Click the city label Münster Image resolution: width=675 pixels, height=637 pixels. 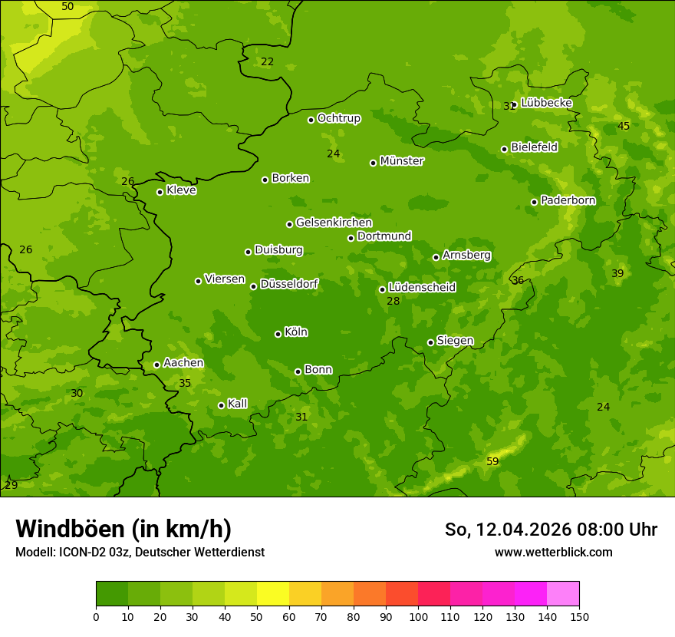click(401, 161)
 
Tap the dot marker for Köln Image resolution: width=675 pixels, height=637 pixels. click(278, 334)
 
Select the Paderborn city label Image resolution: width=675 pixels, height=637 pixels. click(568, 200)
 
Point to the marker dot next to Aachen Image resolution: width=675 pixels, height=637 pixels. click(157, 365)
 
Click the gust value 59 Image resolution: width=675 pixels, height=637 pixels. click(492, 461)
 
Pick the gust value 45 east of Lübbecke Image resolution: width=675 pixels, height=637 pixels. click(624, 126)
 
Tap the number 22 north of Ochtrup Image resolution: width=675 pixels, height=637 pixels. click(267, 61)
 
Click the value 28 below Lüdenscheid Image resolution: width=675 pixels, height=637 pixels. click(393, 301)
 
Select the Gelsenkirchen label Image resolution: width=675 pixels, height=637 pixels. click(334, 223)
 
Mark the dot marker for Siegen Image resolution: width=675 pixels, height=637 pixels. click(431, 342)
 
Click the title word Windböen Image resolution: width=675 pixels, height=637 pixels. click(69, 529)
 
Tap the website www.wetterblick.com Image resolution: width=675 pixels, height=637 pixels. click(553, 552)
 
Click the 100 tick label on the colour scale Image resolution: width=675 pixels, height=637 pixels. click(418, 616)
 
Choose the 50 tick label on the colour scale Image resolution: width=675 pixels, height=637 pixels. click(257, 616)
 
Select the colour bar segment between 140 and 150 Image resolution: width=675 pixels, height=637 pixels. click(563, 594)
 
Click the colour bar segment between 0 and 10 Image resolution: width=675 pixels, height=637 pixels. click(112, 594)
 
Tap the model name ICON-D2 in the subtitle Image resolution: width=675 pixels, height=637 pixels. click(85, 552)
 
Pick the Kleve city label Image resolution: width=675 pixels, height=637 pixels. click(181, 190)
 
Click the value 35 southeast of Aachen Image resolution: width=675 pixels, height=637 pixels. click(185, 383)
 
